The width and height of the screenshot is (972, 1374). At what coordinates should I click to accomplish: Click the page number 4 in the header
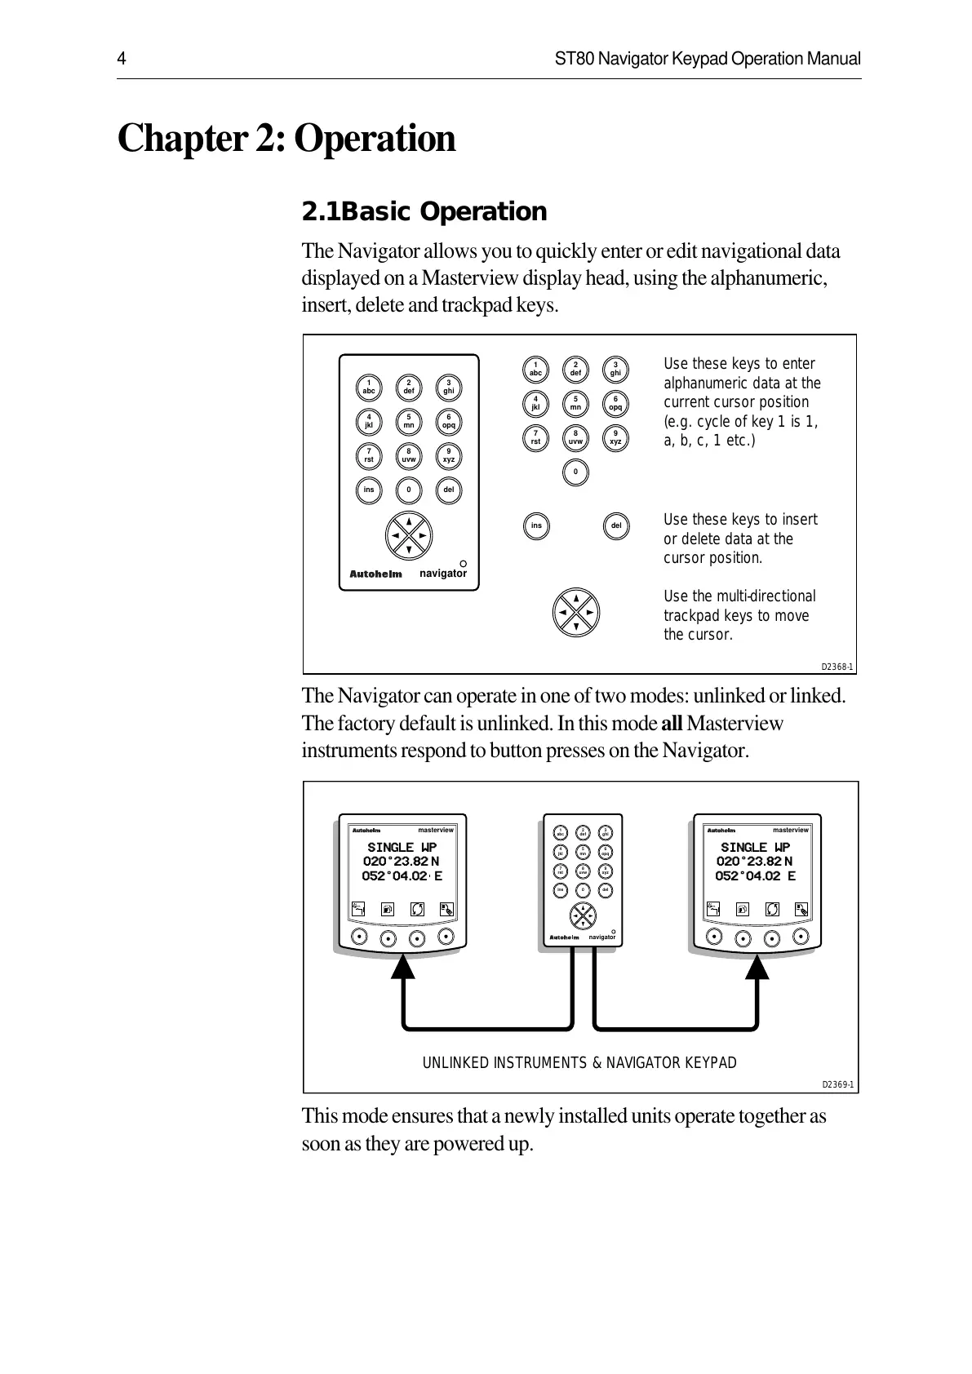click(x=121, y=60)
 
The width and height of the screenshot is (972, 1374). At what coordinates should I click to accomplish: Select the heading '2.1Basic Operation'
click(x=424, y=212)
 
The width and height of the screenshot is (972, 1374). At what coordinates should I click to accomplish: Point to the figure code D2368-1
click(x=837, y=667)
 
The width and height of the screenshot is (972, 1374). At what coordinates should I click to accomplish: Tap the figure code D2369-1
click(x=837, y=1084)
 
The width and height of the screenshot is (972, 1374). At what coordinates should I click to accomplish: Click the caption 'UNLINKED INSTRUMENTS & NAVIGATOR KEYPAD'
click(x=579, y=1063)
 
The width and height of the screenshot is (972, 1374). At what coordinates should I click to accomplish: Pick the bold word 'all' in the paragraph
click(x=671, y=724)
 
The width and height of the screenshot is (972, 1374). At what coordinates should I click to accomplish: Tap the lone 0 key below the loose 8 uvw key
click(x=575, y=472)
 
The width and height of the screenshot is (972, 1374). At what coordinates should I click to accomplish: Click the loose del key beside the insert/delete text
click(x=615, y=525)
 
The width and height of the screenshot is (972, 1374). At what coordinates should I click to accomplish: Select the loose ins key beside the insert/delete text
click(x=536, y=525)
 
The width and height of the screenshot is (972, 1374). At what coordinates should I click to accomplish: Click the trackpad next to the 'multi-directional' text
click(x=576, y=612)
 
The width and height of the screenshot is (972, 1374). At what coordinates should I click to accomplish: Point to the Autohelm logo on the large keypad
click(x=375, y=574)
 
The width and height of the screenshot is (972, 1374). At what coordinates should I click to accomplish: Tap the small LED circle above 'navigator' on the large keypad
click(x=462, y=563)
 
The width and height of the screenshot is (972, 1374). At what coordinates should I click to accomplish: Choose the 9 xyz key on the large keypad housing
click(x=448, y=456)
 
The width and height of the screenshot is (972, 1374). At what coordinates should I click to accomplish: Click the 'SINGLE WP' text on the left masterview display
click(x=402, y=848)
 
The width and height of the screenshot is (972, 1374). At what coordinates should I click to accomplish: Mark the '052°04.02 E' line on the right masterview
click(x=755, y=876)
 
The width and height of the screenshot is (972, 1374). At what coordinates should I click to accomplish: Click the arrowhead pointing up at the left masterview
click(x=403, y=966)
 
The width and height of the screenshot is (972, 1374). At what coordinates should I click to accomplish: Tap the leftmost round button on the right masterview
click(x=713, y=937)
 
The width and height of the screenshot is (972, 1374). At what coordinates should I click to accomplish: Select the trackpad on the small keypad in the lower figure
click(x=583, y=916)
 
